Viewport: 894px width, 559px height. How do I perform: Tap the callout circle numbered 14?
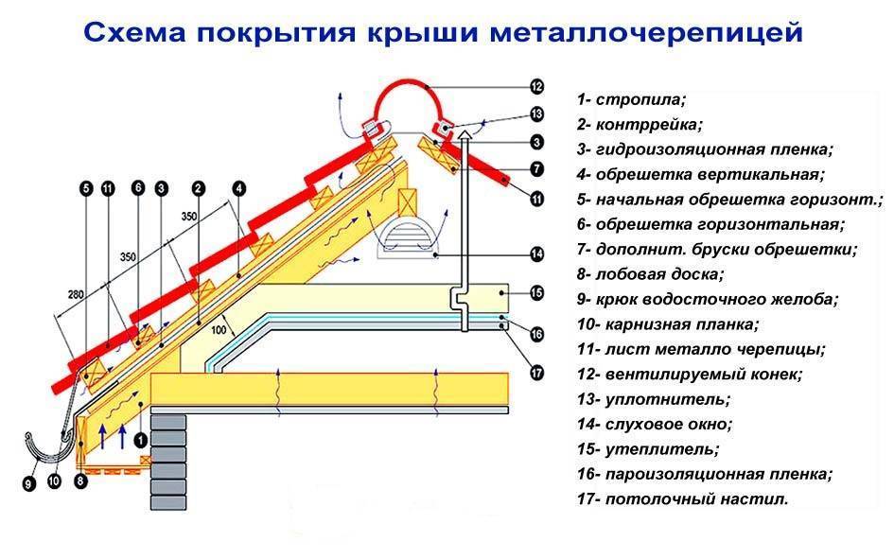pos(535,253)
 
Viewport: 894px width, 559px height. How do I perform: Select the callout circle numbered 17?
pos(535,373)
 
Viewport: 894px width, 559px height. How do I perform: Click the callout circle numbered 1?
pos(141,439)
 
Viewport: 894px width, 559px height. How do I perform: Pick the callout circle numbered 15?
pos(535,293)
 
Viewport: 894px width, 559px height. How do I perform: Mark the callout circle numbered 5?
pos(86,189)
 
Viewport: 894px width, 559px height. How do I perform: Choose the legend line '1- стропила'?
pos(630,98)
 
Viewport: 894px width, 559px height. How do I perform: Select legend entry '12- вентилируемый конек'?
pos(688,374)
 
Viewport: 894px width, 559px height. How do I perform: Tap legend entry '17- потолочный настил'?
pos(681,498)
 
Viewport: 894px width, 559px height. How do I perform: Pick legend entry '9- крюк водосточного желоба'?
pos(706,299)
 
